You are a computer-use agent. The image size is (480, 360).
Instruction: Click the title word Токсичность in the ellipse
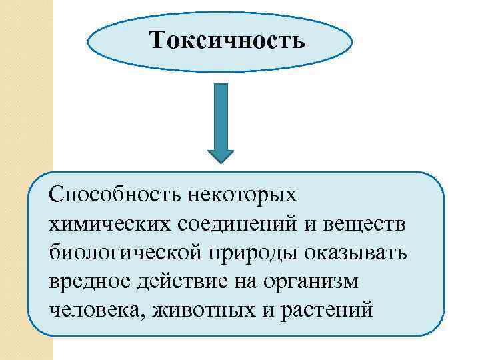227,41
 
